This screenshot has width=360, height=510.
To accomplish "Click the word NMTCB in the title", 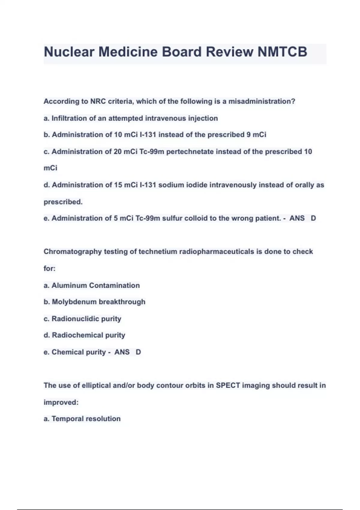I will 282,52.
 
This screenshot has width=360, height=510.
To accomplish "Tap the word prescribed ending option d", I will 63,202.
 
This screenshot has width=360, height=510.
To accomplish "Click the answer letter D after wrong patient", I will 313,218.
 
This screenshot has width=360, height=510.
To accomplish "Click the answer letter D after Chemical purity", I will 138,352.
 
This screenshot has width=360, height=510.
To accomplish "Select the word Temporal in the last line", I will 68,418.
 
